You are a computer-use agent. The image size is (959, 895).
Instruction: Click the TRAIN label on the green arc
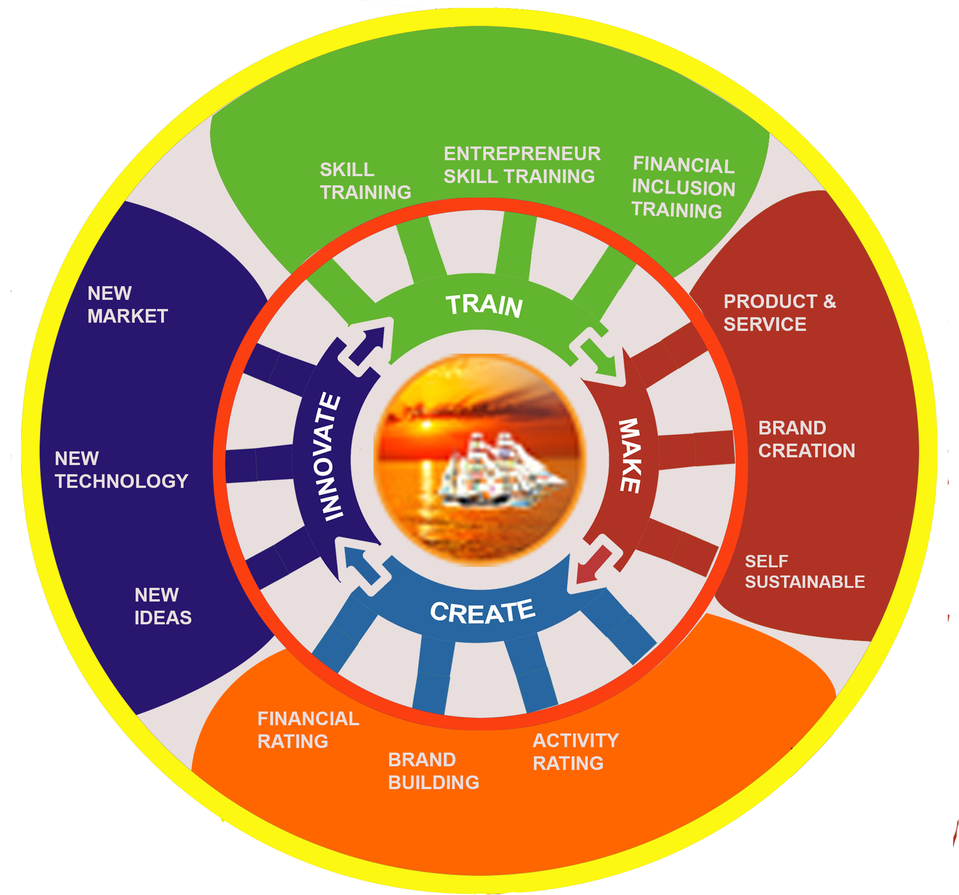(485, 305)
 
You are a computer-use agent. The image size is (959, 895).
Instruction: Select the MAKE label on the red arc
(631, 455)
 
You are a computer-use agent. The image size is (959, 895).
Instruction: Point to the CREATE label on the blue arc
(483, 612)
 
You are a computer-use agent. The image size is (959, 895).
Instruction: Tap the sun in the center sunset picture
(427, 424)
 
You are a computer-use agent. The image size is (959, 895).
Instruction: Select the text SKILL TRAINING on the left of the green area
(365, 181)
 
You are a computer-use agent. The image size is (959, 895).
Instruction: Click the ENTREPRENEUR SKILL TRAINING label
(522, 165)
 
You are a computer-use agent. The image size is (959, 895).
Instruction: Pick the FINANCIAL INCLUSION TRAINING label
(683, 187)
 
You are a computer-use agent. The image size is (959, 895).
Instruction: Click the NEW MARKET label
(127, 305)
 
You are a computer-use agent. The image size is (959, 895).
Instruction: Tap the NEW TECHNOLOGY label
(121, 470)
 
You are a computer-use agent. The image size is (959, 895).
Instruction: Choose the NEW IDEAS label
(163, 606)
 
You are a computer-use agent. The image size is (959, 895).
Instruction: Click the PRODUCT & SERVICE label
(780, 313)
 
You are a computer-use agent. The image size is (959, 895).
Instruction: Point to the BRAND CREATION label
(806, 440)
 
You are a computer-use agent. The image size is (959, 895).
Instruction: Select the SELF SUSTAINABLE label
(805, 571)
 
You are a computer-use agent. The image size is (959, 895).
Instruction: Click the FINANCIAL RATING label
(308, 730)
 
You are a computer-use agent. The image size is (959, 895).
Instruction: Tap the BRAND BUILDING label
(434, 770)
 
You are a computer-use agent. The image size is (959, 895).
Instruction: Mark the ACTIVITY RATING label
(575, 751)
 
